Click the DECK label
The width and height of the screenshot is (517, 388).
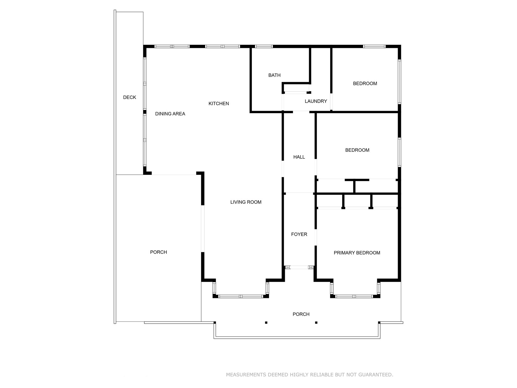click(130, 97)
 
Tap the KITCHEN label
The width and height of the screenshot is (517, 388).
click(219, 103)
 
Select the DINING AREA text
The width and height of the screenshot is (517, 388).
click(170, 114)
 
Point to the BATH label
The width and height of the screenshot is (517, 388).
click(274, 75)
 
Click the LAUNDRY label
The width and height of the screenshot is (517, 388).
click(316, 101)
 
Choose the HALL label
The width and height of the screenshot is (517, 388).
click(299, 157)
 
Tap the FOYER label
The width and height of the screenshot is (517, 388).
click(299, 234)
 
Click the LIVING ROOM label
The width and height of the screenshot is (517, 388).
click(246, 202)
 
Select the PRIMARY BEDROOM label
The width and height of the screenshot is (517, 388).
click(357, 253)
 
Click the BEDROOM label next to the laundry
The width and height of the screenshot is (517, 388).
click(365, 84)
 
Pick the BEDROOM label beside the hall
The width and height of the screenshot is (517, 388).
click(357, 150)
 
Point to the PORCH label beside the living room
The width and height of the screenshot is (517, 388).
click(159, 252)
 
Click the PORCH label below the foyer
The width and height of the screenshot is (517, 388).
click(301, 314)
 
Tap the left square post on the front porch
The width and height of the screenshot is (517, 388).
click(266, 323)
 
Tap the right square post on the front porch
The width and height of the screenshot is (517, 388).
click(316, 323)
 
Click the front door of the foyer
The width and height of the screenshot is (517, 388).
click(299, 267)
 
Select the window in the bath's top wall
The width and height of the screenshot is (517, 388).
click(264, 46)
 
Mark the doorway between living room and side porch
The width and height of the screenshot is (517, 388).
click(203, 229)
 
